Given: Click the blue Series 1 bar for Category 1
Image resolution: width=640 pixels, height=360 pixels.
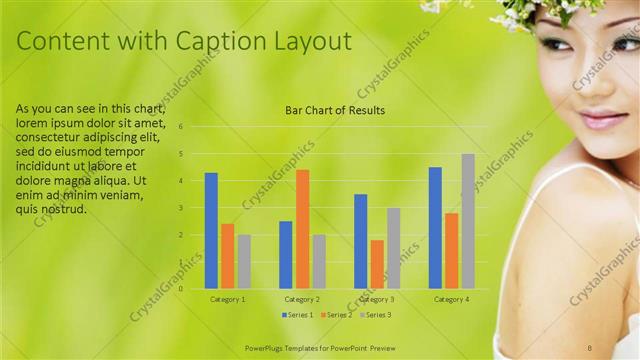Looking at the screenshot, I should [x=211, y=231].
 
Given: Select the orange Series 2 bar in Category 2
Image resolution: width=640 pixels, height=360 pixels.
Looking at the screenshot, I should [x=302, y=229].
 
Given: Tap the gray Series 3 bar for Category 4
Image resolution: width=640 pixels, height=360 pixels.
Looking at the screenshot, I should [x=467, y=221].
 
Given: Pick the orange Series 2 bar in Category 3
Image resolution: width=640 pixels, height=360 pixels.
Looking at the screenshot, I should [x=377, y=264].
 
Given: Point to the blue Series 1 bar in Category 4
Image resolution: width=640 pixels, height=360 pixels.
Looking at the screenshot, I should [x=435, y=228].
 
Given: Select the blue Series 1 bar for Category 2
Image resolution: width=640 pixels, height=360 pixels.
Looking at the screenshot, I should [x=286, y=255].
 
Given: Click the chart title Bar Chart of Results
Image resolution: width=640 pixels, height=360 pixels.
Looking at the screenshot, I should [x=335, y=110].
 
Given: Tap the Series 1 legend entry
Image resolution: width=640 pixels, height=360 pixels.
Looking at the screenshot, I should [x=298, y=315].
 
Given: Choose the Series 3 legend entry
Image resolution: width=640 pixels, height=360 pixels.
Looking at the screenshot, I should [x=375, y=315].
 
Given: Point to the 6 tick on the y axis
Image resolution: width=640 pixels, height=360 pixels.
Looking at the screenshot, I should [x=181, y=127].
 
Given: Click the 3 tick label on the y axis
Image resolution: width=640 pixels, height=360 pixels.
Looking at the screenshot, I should [x=181, y=208].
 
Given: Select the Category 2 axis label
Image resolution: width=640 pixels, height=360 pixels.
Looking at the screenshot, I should [x=302, y=299].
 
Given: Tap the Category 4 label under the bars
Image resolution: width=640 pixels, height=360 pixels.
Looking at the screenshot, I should [x=451, y=299].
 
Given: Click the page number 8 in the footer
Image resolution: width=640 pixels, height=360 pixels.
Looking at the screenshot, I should [x=618, y=348].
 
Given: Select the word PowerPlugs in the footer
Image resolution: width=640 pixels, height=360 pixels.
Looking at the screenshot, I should [x=268, y=348].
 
